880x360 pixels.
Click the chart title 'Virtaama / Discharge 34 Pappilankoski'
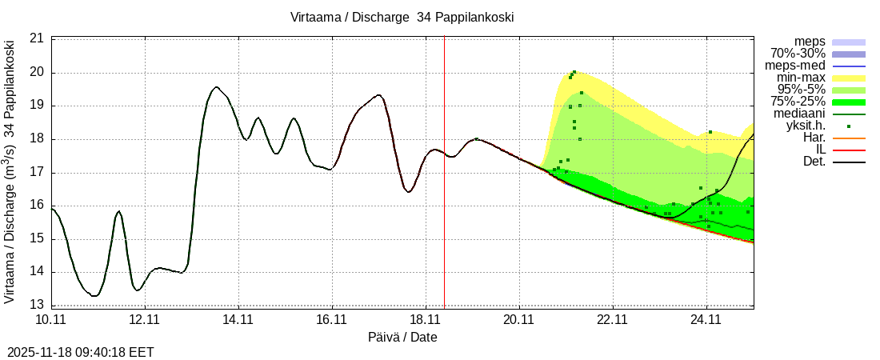click(402, 17)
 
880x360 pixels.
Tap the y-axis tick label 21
click(37, 38)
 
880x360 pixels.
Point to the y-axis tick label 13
click(37, 305)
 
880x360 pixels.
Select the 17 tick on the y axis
click(37, 172)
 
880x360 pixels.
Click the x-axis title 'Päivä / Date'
click(402, 337)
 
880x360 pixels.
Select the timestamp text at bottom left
click(81, 352)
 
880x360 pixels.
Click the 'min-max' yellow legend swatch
click(849, 78)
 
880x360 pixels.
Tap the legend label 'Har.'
click(813, 138)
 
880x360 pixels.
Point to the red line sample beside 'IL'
click(849, 150)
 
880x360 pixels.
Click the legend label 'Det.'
click(813, 162)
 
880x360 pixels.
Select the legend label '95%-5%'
click(801, 90)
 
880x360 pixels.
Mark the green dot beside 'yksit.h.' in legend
click(849, 126)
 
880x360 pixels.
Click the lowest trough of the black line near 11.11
click(94, 296)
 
